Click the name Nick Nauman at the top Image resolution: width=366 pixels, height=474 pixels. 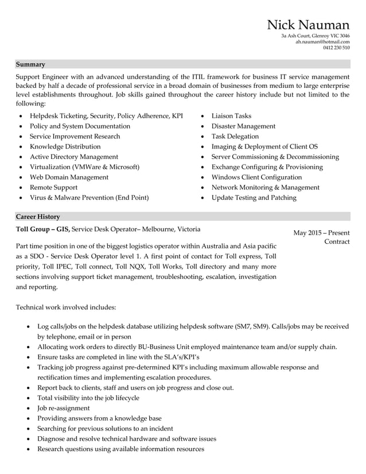pyautogui.click(x=308, y=25)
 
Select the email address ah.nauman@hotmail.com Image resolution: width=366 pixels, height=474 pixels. pyautogui.click(x=322, y=41)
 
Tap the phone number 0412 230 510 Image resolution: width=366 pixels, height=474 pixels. pyautogui.click(x=336, y=48)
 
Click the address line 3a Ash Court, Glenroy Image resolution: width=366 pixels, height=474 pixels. pyautogui.click(x=315, y=36)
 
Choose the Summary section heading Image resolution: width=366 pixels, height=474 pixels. pyautogui.click(x=30, y=64)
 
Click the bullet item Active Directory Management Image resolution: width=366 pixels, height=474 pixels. pyautogui.click(x=73, y=157)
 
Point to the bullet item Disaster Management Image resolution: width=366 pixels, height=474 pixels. pyautogui.click(x=243, y=126)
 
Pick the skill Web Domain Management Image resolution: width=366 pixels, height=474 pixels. pyautogui.click(x=69, y=177)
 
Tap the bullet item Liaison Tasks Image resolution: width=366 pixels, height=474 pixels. pyautogui.click(x=231, y=116)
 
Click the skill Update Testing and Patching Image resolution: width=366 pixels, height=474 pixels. pyautogui.click(x=254, y=198)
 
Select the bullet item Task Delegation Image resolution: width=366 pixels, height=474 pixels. pyautogui.click(x=235, y=137)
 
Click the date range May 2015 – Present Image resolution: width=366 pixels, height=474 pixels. pyautogui.click(x=321, y=233)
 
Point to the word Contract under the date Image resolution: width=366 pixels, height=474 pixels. pyautogui.click(x=337, y=243)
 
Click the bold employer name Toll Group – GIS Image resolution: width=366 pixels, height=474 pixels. pyautogui.click(x=43, y=230)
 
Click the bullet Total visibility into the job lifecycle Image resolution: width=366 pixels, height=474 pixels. pyautogui.click(x=88, y=398)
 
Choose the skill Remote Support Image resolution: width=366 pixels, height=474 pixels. pyautogui.click(x=61, y=188)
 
